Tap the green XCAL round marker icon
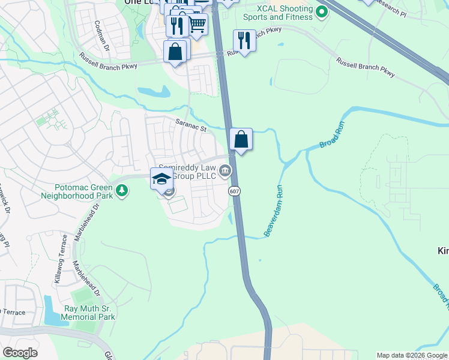pos(322,11)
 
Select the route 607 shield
pos(234,190)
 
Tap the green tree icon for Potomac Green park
pos(122,191)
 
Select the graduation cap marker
pos(161,178)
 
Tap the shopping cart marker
pos(197,24)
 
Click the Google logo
pos(19,353)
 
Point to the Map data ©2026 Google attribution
pos(412,355)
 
